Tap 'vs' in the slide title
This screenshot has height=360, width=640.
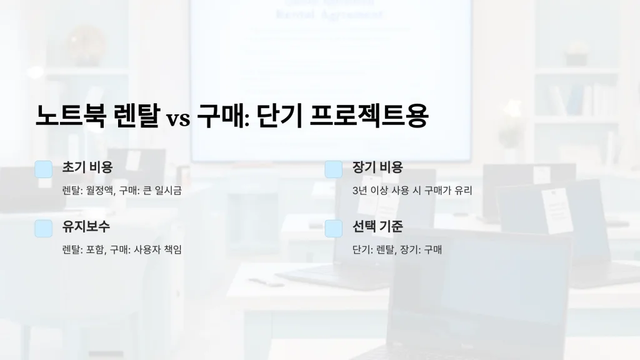pos(177,118)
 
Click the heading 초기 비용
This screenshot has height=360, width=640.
pos(87,167)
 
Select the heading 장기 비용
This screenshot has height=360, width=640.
pos(377,167)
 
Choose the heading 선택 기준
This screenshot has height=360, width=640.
pos(377,227)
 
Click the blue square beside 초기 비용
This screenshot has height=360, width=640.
pos(43,169)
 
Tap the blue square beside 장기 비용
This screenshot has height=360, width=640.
pos(334,169)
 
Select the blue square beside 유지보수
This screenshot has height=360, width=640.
pos(43,228)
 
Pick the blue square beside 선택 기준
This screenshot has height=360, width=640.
pos(334,228)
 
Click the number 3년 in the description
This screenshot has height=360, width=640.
pos(359,191)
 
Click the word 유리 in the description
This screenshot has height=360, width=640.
pos(463,191)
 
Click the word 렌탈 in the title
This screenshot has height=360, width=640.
pos(137,116)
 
